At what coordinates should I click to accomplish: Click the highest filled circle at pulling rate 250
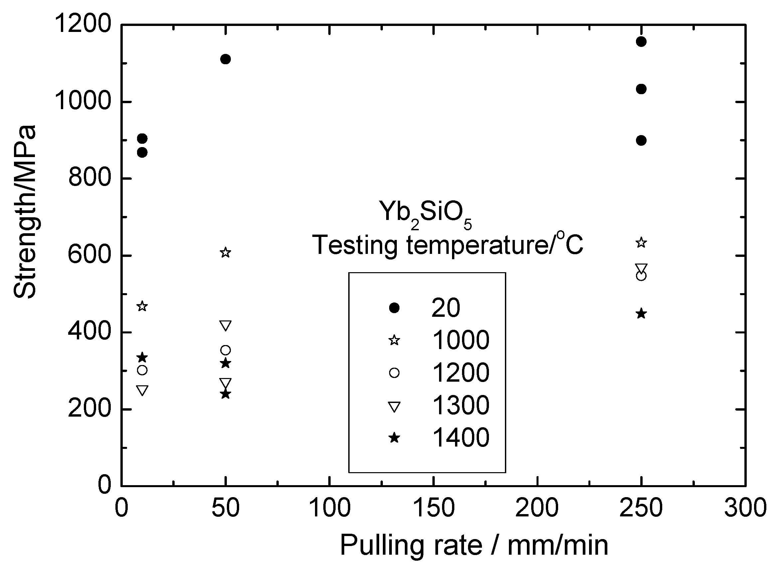641,42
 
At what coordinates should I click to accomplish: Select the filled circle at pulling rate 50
225,59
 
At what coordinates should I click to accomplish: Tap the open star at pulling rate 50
225,253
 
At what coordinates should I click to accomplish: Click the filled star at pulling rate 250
641,314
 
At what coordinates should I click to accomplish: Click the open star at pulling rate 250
641,243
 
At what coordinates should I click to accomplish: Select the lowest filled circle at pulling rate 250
641,140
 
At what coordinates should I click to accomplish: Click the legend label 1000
460,340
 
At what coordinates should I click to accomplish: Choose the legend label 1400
460,438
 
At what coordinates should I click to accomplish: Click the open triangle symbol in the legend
394,407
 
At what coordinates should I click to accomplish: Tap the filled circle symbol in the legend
394,307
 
